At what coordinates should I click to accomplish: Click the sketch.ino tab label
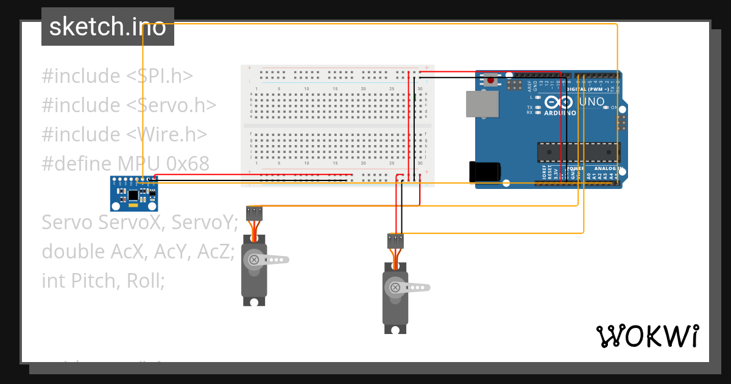click(x=107, y=27)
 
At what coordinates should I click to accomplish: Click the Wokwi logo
click(x=647, y=336)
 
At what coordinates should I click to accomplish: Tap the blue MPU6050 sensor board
click(x=133, y=193)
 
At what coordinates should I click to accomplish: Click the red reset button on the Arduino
click(x=491, y=79)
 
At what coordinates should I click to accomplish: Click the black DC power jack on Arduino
click(x=485, y=171)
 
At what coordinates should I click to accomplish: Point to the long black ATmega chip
click(x=578, y=152)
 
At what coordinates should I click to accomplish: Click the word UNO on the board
click(x=592, y=102)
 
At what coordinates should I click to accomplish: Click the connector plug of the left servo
click(x=255, y=213)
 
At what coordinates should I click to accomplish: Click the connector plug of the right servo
click(x=395, y=241)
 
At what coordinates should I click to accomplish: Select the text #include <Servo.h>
click(x=129, y=105)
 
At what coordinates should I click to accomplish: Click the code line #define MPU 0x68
click(x=125, y=163)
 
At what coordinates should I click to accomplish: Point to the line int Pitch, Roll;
click(x=103, y=280)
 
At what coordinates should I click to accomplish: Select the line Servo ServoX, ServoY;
click(x=139, y=222)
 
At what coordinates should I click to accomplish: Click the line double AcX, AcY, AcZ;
click(x=138, y=251)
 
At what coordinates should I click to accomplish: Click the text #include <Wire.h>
click(x=124, y=134)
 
